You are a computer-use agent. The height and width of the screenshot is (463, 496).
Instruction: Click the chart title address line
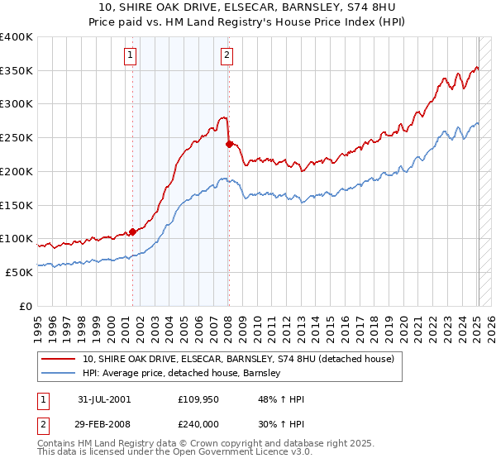247,8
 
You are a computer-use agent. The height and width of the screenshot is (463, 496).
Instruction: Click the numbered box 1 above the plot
131,55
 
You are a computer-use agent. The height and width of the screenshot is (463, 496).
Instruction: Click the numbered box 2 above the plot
227,55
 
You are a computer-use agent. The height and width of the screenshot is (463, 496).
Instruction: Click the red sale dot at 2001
132,232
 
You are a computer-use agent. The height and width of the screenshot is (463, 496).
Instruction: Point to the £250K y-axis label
17,138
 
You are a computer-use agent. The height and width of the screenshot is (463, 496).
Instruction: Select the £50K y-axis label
20,272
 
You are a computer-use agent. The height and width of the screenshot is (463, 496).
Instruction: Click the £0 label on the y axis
27,306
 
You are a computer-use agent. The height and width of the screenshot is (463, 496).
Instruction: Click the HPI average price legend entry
182,374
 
